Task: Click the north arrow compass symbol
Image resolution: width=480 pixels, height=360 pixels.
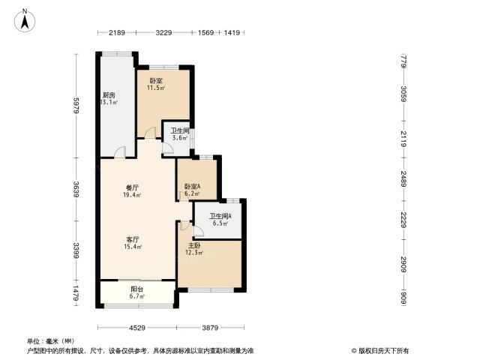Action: tap(25, 20)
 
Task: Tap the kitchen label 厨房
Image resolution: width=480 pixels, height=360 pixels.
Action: tap(109, 95)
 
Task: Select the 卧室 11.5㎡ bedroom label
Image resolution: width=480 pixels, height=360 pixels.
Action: tap(156, 85)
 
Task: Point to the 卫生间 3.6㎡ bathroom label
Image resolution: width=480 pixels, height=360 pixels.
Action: tap(180, 134)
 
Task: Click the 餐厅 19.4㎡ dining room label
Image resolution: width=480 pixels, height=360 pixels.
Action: tap(132, 191)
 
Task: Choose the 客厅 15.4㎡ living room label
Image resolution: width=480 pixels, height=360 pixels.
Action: tap(133, 243)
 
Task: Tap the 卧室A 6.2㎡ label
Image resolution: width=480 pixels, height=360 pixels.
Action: tap(192, 190)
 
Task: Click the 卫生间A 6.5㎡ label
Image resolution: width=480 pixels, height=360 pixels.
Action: tap(220, 220)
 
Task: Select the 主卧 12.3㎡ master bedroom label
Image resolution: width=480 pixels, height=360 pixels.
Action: tap(194, 249)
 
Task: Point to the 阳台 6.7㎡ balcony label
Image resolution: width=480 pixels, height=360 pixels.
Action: tap(137, 292)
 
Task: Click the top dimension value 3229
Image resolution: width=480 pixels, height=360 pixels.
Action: tap(163, 32)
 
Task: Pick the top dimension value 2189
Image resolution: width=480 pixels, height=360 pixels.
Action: tap(117, 32)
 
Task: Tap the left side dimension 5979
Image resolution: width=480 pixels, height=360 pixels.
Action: tap(76, 106)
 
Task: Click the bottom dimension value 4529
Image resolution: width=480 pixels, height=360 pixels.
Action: tap(137, 328)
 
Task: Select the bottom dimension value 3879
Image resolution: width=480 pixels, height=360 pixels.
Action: tap(210, 328)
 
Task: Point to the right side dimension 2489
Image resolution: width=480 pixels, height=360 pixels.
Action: tap(403, 179)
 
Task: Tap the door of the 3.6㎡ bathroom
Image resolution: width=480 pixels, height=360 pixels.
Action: tap(168, 148)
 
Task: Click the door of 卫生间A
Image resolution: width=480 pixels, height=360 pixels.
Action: tap(198, 231)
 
